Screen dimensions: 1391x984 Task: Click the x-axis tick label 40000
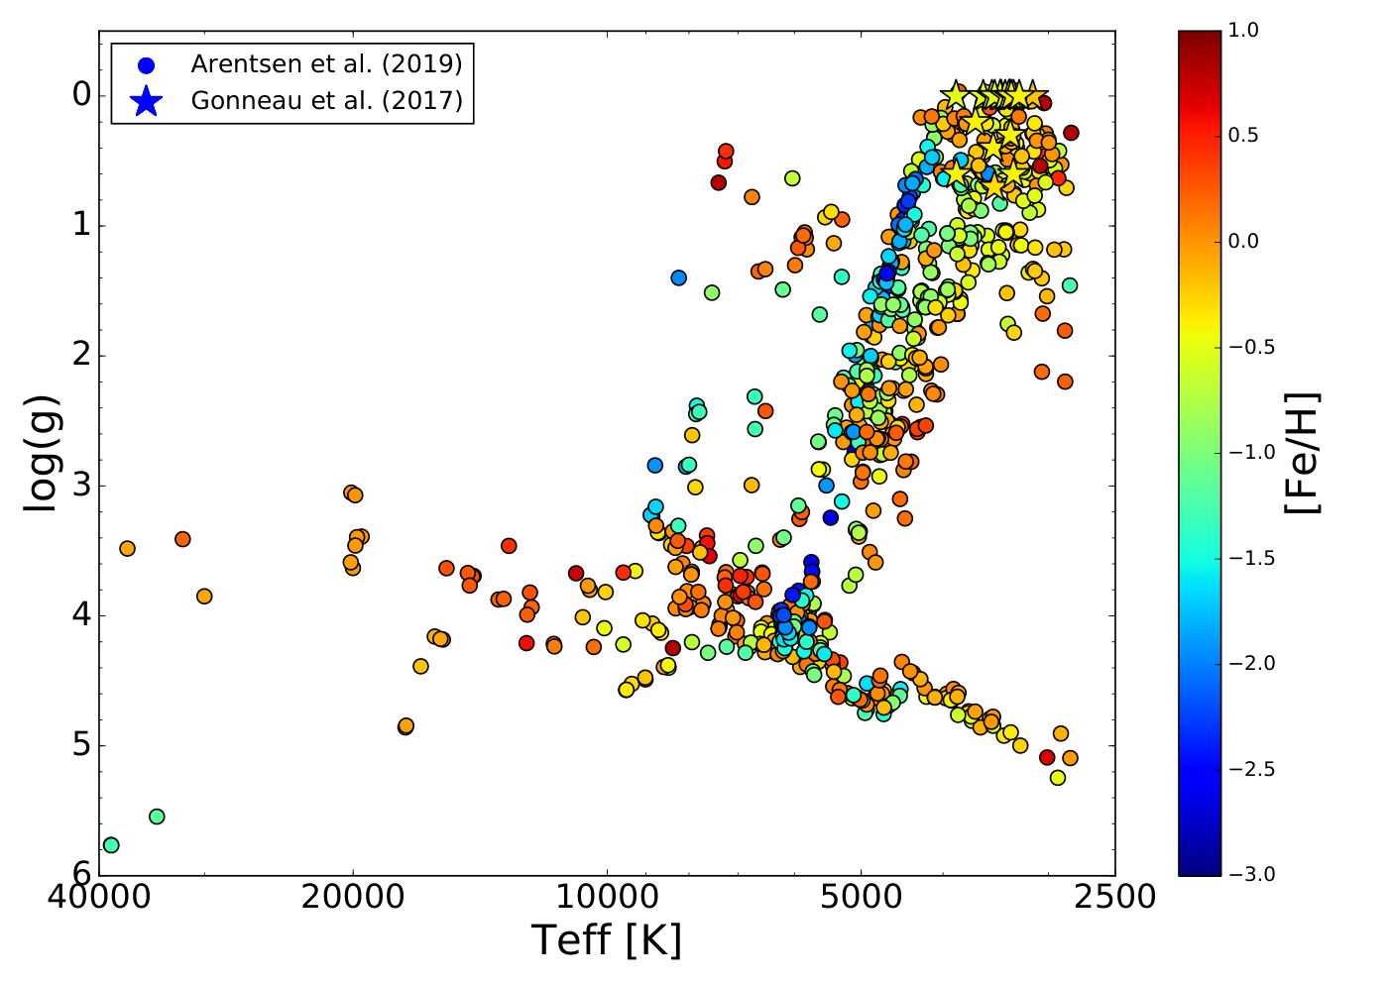click(99, 897)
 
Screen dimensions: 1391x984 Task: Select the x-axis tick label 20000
click(353, 897)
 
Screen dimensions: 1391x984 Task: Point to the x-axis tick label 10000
click(607, 897)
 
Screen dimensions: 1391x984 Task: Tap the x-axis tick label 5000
click(862, 897)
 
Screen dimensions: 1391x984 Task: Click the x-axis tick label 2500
click(1115, 897)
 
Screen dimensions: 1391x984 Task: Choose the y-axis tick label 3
click(82, 486)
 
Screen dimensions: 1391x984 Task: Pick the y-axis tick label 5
click(82, 745)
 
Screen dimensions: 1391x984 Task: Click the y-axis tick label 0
click(82, 95)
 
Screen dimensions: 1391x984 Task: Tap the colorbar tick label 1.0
click(1243, 30)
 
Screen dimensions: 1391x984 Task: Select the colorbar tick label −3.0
click(1251, 874)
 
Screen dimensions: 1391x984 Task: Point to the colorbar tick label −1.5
click(1251, 558)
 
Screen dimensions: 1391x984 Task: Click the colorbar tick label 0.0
click(1243, 241)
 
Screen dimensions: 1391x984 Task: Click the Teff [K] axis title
click(607, 940)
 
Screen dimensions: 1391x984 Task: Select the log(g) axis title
click(43, 453)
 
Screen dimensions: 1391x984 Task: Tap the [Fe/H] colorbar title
click(1302, 453)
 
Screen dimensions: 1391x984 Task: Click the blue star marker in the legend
click(147, 101)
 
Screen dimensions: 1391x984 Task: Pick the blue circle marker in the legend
click(147, 65)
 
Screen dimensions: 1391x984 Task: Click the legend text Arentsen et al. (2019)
click(326, 64)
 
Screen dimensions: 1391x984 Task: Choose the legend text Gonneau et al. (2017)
click(326, 100)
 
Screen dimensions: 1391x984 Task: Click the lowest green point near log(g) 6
click(111, 845)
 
